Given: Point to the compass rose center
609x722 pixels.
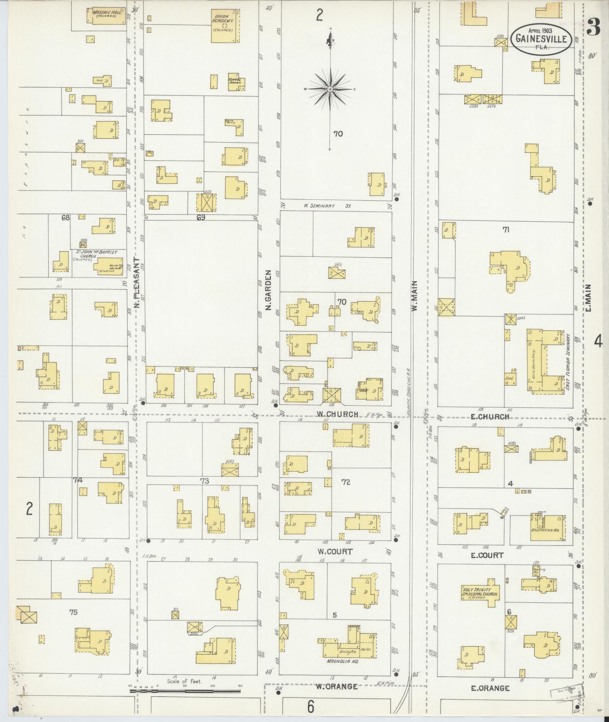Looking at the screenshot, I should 330,89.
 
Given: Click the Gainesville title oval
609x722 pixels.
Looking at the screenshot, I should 541,39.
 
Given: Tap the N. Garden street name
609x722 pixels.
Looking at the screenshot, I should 269,290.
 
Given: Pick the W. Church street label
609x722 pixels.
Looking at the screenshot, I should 337,414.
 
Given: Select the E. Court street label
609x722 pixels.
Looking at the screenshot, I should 487,555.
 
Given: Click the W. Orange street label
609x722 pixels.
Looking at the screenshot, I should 337,686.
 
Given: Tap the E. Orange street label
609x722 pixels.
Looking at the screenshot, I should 490,688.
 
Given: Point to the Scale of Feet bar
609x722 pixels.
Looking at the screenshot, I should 185,691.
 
